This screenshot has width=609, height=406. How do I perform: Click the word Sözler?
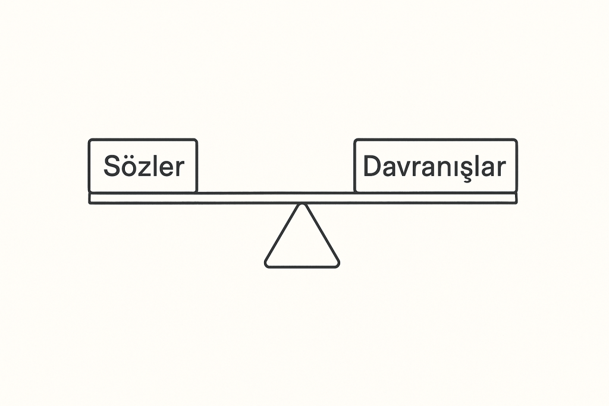pyautogui.click(x=144, y=166)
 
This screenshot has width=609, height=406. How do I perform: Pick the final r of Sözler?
pyautogui.click(x=180, y=169)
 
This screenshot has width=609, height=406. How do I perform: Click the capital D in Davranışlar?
pyautogui.click(x=372, y=166)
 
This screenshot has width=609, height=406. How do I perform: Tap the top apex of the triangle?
pyautogui.click(x=302, y=204)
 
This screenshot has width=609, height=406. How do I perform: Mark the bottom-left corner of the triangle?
pyautogui.click(x=266, y=266)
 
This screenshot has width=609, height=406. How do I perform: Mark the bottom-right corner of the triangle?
pyautogui.click(x=338, y=266)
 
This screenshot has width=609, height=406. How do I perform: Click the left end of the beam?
pyautogui.click(x=89, y=198)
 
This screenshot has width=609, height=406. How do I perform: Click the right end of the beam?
pyautogui.click(x=516, y=198)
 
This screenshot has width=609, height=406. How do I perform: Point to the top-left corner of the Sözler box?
pyautogui.click(x=90, y=140)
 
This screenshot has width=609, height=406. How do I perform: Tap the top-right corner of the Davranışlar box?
pyautogui.click(x=516, y=140)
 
